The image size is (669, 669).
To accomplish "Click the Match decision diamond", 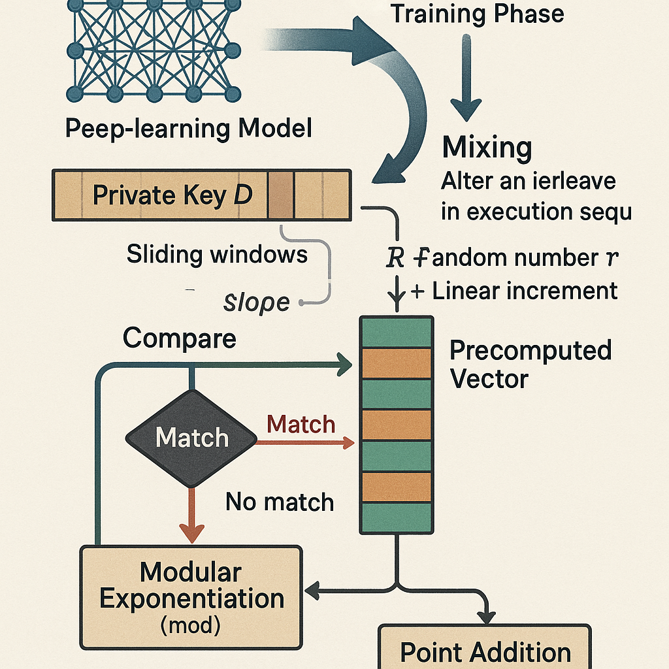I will pyautogui.click(x=191, y=438).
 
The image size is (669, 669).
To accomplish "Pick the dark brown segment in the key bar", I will pyautogui.click(x=281, y=195).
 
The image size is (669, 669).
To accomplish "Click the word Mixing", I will pyautogui.click(x=487, y=148).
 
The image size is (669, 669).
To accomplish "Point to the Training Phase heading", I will pyautogui.click(x=476, y=14).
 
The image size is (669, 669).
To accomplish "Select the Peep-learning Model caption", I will pyautogui.click(x=188, y=128).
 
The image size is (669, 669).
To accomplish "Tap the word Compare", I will pyautogui.click(x=180, y=338).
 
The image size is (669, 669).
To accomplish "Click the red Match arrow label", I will pyautogui.click(x=301, y=425).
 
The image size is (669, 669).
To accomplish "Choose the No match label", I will pyautogui.click(x=280, y=502).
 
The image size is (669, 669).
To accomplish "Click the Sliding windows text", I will pyautogui.click(x=217, y=254).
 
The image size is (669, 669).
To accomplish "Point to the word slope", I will pyautogui.click(x=256, y=302).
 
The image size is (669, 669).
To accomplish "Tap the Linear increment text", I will pyautogui.click(x=525, y=291).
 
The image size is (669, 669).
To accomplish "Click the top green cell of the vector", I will pyautogui.click(x=397, y=332).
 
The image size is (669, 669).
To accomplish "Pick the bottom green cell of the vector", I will pyautogui.click(x=397, y=517).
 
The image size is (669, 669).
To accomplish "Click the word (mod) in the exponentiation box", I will pyautogui.click(x=190, y=626).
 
